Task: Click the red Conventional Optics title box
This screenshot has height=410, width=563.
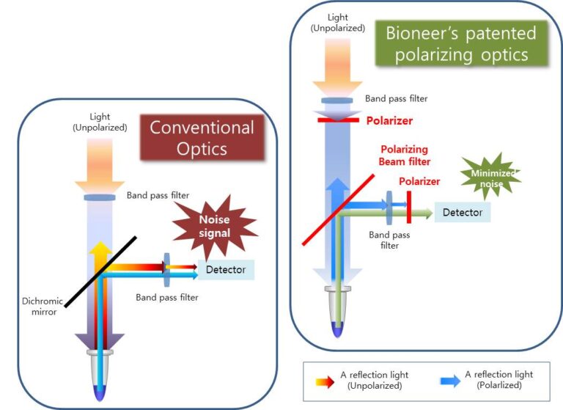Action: click(x=202, y=137)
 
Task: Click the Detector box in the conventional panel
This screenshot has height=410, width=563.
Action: click(x=226, y=269)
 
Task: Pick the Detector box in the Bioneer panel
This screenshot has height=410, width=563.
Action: click(x=462, y=212)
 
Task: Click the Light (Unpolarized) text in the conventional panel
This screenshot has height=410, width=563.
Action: click(x=99, y=122)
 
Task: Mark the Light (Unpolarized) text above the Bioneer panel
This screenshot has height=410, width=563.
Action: click(x=336, y=22)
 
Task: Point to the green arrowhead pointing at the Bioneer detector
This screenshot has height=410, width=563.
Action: click(x=427, y=213)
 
